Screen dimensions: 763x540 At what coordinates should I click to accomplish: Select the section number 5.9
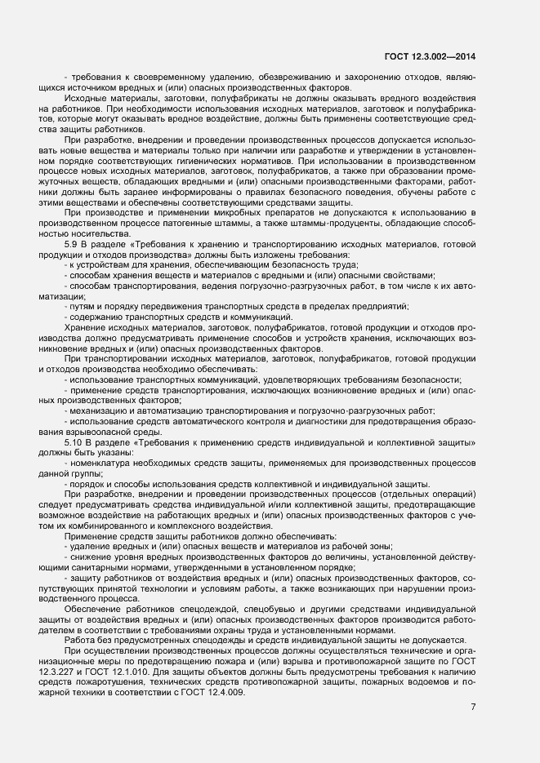pos(71,244)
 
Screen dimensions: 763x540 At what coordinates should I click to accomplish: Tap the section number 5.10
pos(73,441)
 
